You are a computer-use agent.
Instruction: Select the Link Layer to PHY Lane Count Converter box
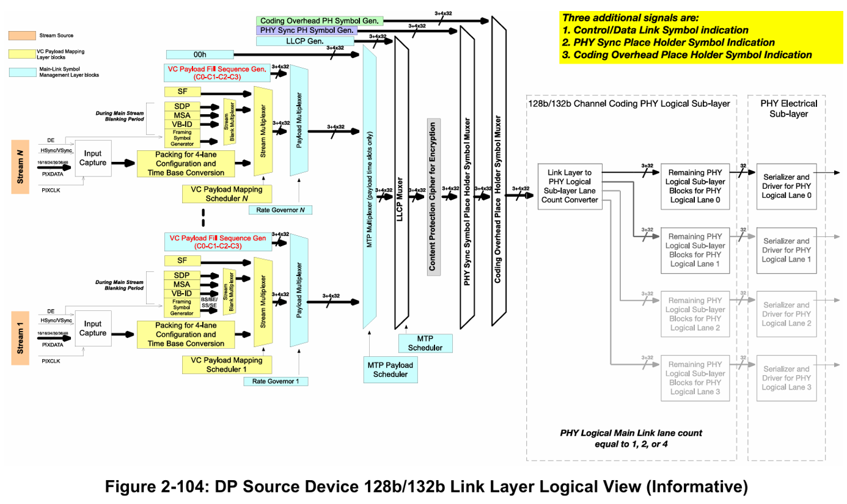click(x=570, y=186)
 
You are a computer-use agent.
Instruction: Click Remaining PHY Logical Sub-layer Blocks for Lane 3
click(x=696, y=378)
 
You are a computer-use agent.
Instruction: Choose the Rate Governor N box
click(x=280, y=210)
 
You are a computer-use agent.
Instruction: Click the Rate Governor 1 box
click(x=275, y=381)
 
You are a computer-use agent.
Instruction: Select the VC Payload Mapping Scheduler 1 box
click(x=226, y=365)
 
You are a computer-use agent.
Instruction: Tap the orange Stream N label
click(x=21, y=166)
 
